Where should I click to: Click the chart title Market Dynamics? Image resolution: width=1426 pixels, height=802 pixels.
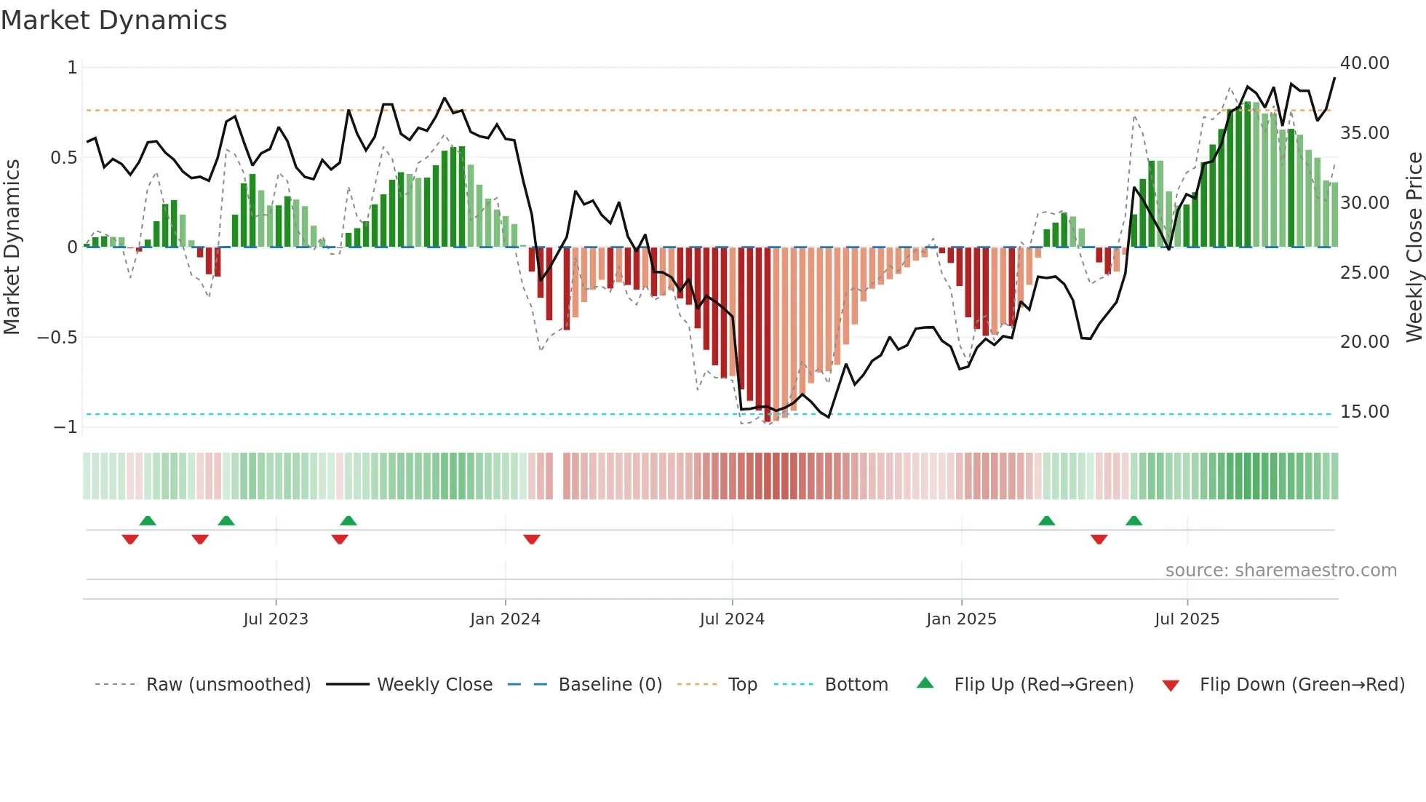click(113, 20)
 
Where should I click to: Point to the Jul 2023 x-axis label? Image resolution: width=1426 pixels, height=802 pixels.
click(276, 619)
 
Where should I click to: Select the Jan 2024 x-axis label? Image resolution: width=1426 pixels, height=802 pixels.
click(505, 619)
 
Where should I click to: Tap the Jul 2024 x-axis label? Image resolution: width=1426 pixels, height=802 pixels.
click(732, 619)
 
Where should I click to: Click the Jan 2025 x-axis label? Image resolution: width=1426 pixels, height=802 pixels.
click(961, 619)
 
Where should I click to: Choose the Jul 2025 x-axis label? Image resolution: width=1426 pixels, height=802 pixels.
click(1187, 619)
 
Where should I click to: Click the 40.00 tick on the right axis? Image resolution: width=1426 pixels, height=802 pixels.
click(1364, 63)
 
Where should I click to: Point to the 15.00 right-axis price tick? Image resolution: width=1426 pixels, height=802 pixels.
click(1364, 412)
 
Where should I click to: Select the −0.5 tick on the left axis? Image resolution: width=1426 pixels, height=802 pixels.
click(57, 338)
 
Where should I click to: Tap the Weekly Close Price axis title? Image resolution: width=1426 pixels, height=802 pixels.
click(1414, 247)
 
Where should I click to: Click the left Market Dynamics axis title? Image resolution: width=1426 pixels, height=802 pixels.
click(12, 247)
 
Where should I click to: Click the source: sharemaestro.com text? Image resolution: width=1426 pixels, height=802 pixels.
click(1280, 571)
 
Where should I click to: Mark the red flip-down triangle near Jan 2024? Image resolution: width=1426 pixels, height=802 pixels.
click(532, 539)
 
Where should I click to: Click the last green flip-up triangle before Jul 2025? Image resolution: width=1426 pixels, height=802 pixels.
click(1134, 520)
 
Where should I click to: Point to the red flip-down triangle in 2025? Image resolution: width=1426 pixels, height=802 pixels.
click(1099, 539)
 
